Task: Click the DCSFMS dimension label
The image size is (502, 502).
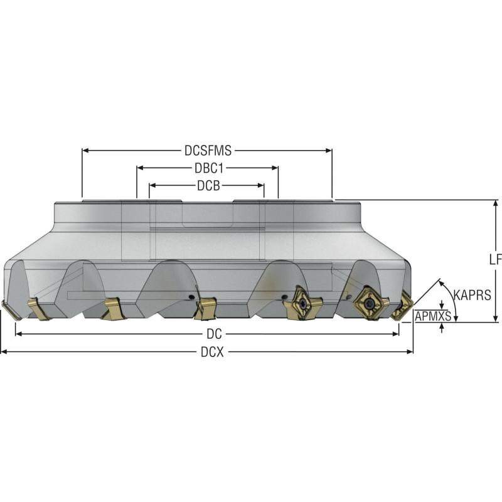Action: pos(208,151)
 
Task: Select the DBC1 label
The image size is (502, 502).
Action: pos(209,168)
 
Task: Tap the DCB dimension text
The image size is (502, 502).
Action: pos(208,186)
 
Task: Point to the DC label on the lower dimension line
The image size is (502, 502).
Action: pos(214,334)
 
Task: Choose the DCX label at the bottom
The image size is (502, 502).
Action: pos(212,352)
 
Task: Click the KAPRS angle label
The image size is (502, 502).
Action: pos(473,295)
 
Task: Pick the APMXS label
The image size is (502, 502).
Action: pos(433,316)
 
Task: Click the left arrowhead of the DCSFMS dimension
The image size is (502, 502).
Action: pos(85,151)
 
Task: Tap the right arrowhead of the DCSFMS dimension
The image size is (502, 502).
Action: pos(329,151)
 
